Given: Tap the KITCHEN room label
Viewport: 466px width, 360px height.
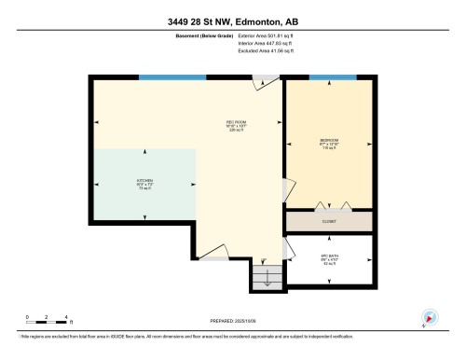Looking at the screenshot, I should [144, 183].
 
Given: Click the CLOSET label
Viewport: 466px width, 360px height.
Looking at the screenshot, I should [329, 221].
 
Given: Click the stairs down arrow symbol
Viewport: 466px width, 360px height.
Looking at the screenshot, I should [267, 277].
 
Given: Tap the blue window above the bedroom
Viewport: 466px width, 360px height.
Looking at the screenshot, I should [333, 77].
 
